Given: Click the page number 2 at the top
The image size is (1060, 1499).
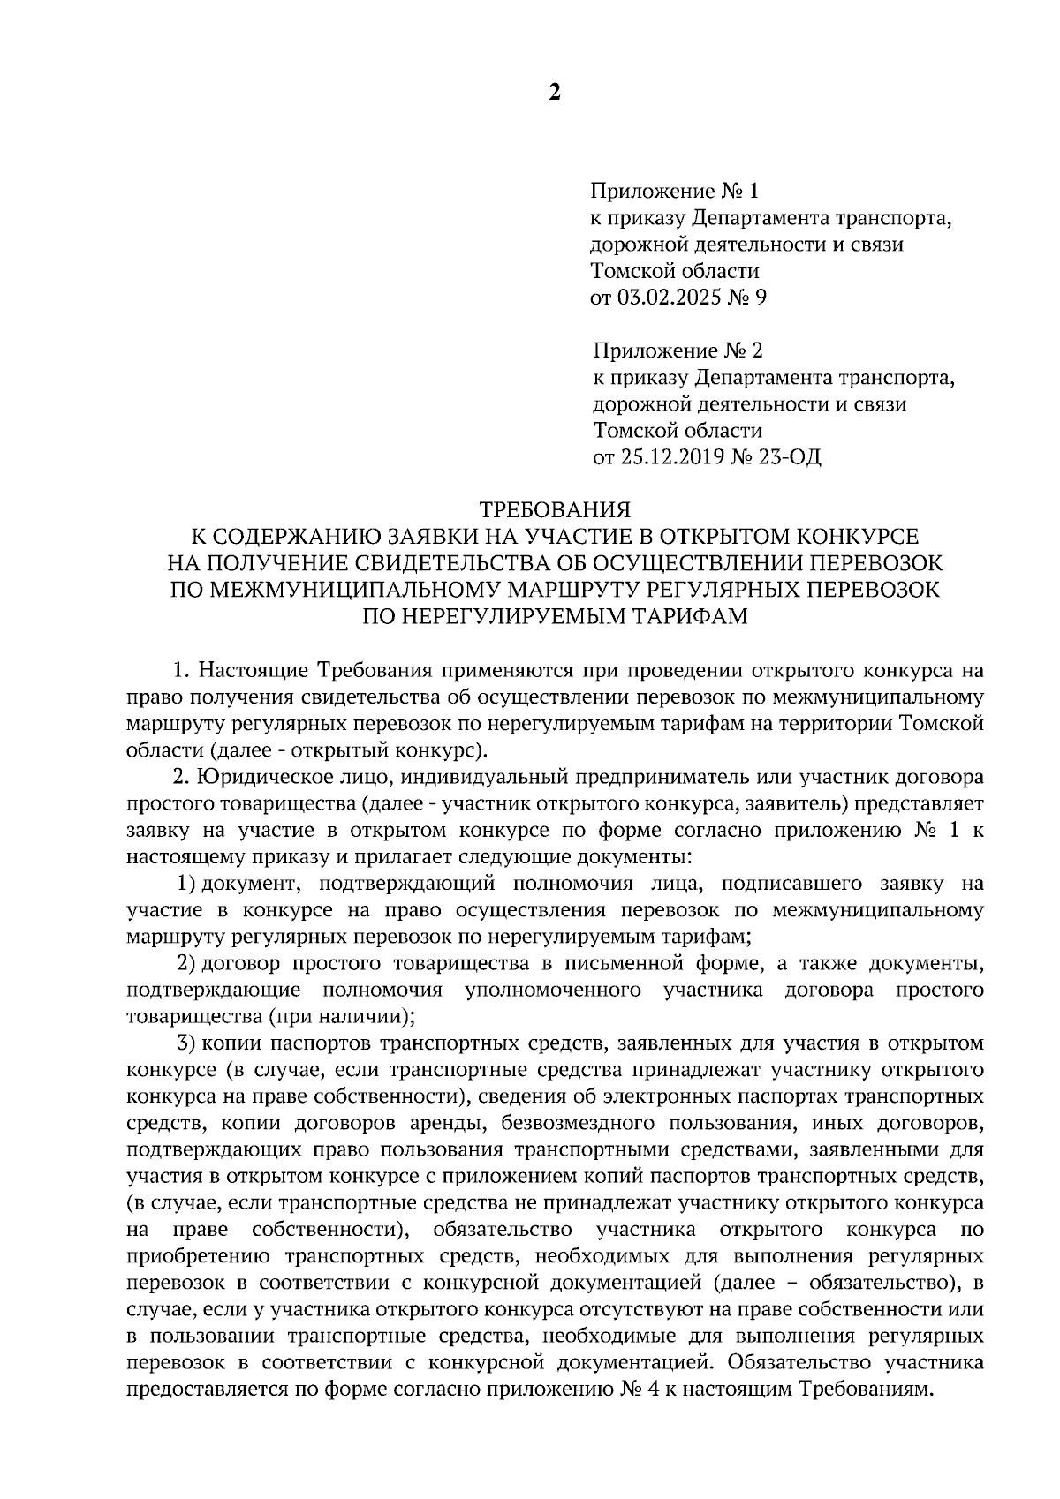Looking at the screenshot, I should point(555,93).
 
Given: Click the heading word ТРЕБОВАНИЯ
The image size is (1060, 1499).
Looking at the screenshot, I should point(556,509).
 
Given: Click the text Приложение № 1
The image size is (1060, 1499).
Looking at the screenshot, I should point(674,191).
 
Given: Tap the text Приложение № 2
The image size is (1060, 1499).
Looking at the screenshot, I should point(677,351).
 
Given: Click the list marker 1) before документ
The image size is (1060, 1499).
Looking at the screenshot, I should point(186,883).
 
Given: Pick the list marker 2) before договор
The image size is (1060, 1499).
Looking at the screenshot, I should point(186,962).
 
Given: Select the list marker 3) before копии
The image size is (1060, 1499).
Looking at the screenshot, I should point(186,1043).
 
